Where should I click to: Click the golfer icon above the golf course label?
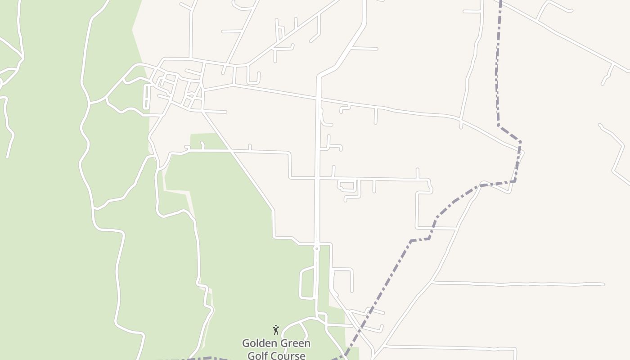coord(276,330)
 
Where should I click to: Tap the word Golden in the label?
coord(258,343)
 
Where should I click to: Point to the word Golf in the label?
coord(258,355)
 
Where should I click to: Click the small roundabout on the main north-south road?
coord(317,248)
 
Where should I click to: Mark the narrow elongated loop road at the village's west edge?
coord(146,97)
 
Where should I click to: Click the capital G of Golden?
coord(246,343)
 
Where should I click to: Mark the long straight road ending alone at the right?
coord(517,284)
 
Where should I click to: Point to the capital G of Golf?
coord(251,355)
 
